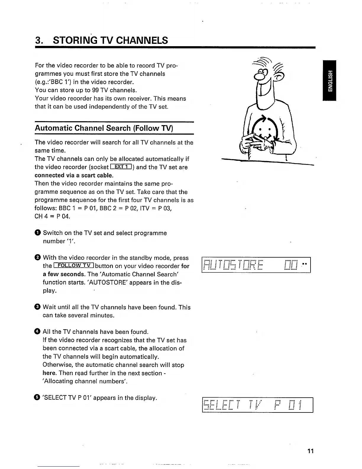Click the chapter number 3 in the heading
[x=37, y=40]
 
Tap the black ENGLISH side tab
[x=329, y=80]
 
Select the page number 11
[x=310, y=451]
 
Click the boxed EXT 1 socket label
[x=121, y=167]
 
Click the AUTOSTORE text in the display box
[x=233, y=265]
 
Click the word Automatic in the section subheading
[x=53, y=128]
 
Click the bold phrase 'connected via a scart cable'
[x=70, y=175]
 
